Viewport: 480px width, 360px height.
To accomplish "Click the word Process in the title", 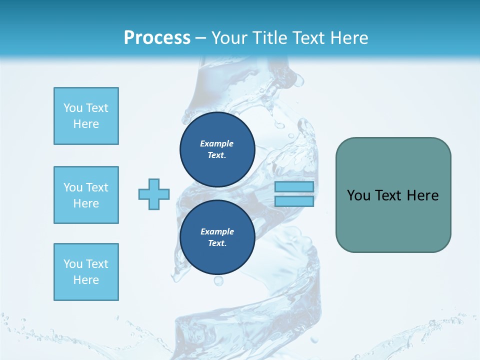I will (157, 38).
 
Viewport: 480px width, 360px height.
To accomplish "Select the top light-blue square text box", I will (86, 116).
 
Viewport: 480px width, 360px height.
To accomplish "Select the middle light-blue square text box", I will (86, 195).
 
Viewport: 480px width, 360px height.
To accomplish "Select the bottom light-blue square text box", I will (86, 272).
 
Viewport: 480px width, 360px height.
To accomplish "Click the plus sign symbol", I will (154, 194).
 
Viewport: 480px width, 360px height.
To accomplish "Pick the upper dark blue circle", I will (217, 149).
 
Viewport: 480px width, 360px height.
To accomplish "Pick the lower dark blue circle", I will (217, 237).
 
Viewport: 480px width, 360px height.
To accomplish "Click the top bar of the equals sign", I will (294, 186).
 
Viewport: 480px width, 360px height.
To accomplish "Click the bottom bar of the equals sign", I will (294, 201).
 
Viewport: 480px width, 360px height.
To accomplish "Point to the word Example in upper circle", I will (217, 143).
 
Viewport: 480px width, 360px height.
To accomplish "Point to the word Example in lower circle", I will (217, 231).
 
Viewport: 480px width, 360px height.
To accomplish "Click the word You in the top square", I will (73, 108).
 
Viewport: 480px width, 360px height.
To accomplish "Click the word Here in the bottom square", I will (86, 280).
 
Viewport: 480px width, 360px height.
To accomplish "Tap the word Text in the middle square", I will (97, 187).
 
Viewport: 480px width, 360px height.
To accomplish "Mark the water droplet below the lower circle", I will (218, 281).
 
